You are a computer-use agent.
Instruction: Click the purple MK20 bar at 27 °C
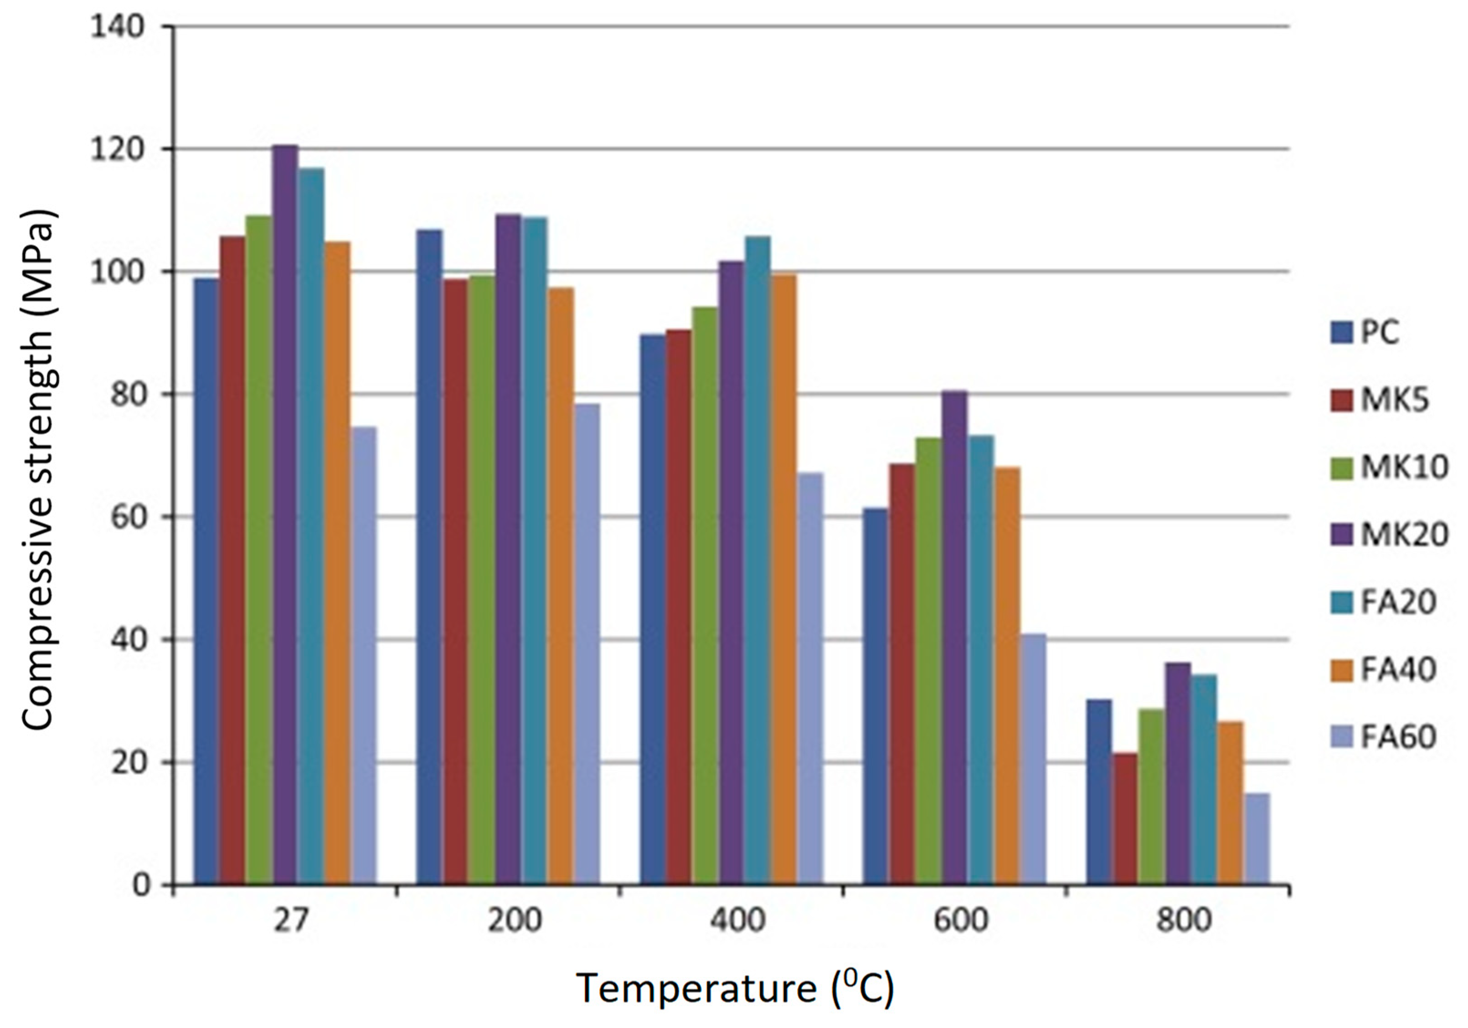[x=285, y=511]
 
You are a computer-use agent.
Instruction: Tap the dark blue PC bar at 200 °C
[x=429, y=556]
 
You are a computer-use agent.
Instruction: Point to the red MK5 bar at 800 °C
[x=1125, y=818]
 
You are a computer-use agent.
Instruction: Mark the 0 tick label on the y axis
[x=142, y=885]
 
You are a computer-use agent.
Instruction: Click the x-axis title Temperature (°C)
[x=735, y=988]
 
